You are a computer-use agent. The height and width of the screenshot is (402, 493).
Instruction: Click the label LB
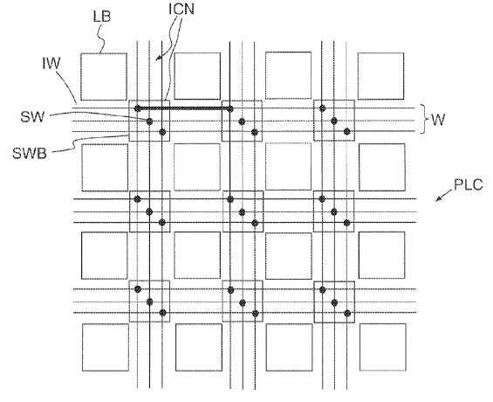click(x=102, y=17)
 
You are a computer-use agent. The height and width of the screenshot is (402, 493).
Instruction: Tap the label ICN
click(x=181, y=9)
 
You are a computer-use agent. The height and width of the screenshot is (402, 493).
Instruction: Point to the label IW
click(x=51, y=63)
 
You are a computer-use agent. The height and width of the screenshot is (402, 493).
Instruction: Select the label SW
click(x=32, y=117)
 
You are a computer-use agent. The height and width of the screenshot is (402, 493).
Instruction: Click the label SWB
click(x=30, y=153)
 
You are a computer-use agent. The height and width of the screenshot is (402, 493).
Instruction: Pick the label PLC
click(x=469, y=184)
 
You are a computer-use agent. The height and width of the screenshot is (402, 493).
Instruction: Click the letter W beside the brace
click(x=438, y=120)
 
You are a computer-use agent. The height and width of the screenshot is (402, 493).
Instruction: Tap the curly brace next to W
click(x=424, y=120)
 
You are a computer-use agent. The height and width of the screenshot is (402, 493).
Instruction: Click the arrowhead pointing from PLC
click(x=438, y=199)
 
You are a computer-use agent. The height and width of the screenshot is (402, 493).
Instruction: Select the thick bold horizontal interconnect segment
click(x=184, y=108)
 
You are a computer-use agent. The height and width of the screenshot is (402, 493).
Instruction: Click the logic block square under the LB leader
click(x=104, y=77)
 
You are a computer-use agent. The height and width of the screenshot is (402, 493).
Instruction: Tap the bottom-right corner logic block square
click(x=383, y=347)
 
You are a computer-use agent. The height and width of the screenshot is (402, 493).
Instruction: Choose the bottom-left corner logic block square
click(x=106, y=347)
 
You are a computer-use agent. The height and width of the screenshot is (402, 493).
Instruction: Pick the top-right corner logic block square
click(x=380, y=76)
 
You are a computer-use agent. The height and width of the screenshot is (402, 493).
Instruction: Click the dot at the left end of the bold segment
click(x=137, y=108)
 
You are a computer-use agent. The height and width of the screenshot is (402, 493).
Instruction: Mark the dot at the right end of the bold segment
click(x=230, y=109)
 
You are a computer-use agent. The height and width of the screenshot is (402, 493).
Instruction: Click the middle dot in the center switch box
click(x=242, y=212)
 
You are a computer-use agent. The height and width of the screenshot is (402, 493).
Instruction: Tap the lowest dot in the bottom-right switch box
click(x=347, y=313)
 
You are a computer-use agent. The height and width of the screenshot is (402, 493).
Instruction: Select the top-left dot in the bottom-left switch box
click(x=137, y=289)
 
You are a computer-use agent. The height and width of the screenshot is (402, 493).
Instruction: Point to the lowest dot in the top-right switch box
click(x=346, y=132)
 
